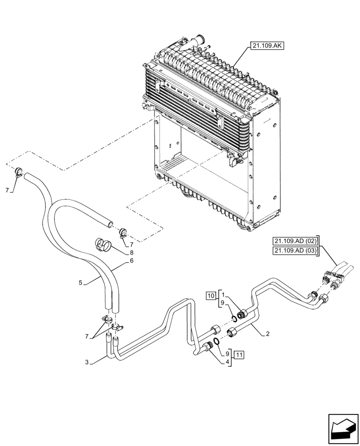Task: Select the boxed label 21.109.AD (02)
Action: point(295,241)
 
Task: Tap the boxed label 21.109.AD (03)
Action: point(295,251)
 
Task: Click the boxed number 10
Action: point(210,295)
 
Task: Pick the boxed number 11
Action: point(239,355)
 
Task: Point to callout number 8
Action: point(132,252)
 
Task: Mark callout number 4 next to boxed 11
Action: point(228,362)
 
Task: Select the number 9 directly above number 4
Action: point(228,352)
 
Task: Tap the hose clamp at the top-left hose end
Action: point(18,172)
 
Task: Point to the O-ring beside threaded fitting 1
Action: point(233,318)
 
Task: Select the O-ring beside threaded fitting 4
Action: point(216,341)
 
